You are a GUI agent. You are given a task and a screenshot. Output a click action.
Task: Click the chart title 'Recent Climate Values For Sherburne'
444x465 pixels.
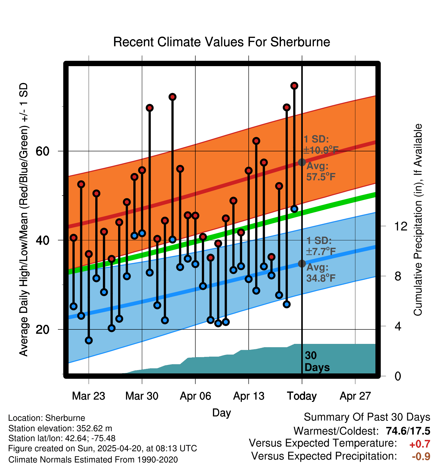(x=221, y=42)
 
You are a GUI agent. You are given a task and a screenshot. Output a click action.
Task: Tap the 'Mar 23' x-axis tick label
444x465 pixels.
(x=88, y=396)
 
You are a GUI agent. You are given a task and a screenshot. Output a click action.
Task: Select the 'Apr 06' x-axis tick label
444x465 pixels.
(x=195, y=396)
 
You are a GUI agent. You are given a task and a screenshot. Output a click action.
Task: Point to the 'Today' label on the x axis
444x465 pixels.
(x=302, y=396)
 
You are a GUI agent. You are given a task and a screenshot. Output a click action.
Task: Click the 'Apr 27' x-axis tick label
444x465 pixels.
(x=355, y=396)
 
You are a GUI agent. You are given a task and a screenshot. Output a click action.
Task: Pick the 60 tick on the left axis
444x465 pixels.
(x=42, y=151)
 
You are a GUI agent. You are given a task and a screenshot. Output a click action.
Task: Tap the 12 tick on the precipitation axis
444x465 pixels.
(x=401, y=226)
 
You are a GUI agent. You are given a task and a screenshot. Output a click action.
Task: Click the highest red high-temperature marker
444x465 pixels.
(x=294, y=86)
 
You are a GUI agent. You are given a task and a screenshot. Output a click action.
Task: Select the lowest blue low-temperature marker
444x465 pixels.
(x=89, y=340)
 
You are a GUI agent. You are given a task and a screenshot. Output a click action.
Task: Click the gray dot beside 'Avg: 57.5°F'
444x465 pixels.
(x=302, y=162)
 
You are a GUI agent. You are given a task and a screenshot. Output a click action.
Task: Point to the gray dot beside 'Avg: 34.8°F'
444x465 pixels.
(x=302, y=264)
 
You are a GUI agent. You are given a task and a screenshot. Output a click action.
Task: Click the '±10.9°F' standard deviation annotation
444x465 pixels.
(x=321, y=150)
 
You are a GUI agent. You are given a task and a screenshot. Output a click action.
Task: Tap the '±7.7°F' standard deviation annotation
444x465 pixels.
(x=321, y=252)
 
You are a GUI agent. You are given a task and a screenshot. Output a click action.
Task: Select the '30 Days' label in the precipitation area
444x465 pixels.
(x=317, y=361)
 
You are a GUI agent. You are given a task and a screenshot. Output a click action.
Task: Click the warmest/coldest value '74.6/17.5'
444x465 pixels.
(x=408, y=431)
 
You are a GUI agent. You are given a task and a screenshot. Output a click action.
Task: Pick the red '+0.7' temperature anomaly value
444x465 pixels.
(x=420, y=444)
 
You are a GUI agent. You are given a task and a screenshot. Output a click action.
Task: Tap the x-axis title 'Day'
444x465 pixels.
(x=221, y=413)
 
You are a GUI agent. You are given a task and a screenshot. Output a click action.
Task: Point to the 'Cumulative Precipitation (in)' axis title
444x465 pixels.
(x=418, y=220)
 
